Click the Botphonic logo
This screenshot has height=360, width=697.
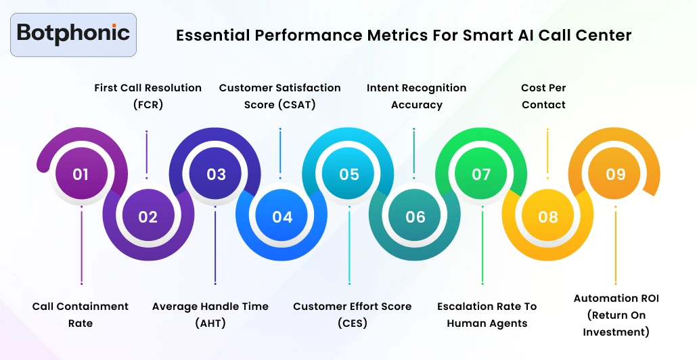(x=73, y=34)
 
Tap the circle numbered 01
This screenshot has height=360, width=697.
(x=81, y=175)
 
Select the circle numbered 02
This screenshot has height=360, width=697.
(x=148, y=217)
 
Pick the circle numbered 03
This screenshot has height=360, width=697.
(x=216, y=175)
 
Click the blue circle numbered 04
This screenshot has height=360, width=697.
(x=282, y=217)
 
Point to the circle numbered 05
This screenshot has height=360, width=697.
(x=349, y=175)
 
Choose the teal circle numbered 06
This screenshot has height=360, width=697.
(x=415, y=217)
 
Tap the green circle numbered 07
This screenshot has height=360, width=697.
(x=481, y=175)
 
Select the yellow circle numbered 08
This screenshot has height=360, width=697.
(x=548, y=217)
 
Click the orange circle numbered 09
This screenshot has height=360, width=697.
(x=616, y=175)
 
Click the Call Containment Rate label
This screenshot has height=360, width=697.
(x=81, y=315)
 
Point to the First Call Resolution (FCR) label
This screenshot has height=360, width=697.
(x=148, y=96)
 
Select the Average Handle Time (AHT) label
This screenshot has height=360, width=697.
(x=210, y=315)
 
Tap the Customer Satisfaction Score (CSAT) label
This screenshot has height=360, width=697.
(x=280, y=96)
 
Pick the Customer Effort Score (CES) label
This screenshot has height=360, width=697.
(x=352, y=315)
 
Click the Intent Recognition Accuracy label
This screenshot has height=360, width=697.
(x=416, y=96)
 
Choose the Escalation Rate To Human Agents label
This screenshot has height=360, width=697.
(x=487, y=315)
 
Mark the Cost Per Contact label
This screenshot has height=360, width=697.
(x=543, y=96)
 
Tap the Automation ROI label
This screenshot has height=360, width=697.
(x=616, y=315)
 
